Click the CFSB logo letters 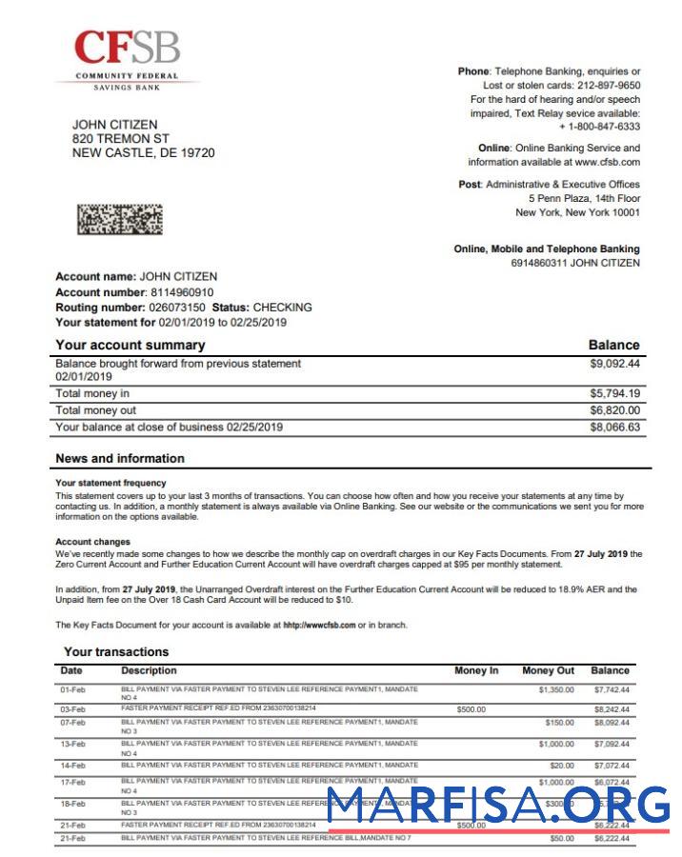pos(127,48)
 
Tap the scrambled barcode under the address pos(119,220)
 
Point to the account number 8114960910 pos(182,292)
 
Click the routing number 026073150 pos(177,308)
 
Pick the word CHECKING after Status pos(282,308)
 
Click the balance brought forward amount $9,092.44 pos(614,364)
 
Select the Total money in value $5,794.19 pos(614,393)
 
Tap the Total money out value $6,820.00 pos(614,410)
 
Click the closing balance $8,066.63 pos(614,428)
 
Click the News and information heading pos(120,458)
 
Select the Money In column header pos(476,670)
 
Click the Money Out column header pos(548,670)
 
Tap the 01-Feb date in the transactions pos(73,688)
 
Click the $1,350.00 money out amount pos(556,688)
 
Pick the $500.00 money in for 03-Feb pos(471,709)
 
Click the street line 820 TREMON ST pos(121,139)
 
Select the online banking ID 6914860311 pos(539,263)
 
